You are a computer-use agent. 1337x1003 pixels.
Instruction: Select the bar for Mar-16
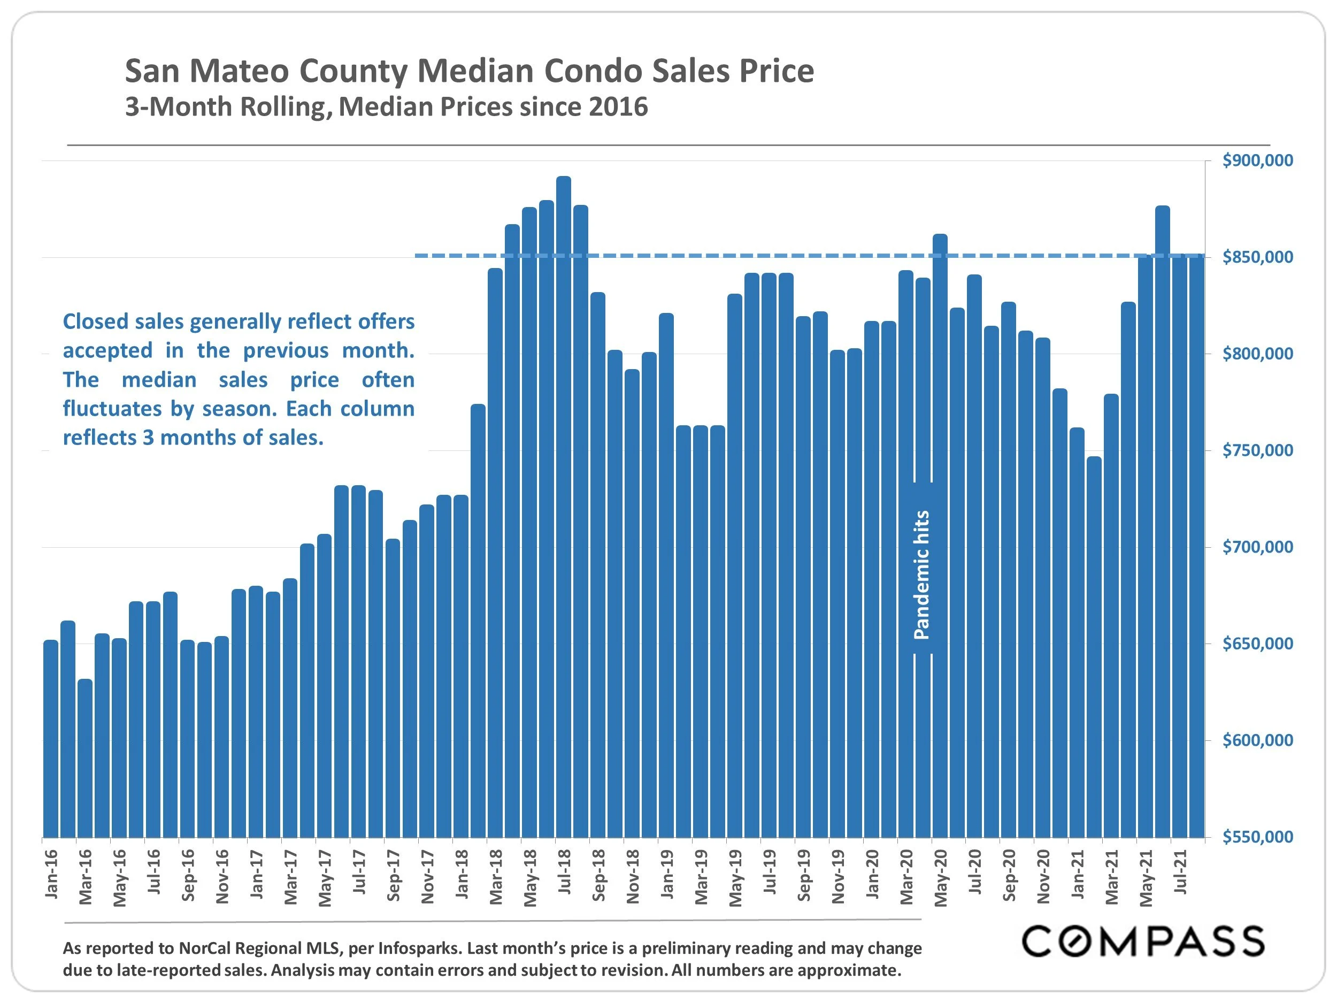(85, 758)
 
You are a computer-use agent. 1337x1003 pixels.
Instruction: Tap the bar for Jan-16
(51, 738)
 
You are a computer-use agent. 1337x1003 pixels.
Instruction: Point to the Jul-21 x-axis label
(1180, 872)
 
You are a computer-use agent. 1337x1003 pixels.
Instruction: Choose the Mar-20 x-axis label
(906, 876)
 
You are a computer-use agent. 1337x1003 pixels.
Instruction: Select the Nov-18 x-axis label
(633, 876)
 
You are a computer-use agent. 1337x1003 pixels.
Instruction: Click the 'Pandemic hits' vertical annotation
(922, 575)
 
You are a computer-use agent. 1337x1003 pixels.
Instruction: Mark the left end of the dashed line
(417, 256)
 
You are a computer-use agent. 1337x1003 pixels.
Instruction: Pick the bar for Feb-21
(1094, 647)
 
